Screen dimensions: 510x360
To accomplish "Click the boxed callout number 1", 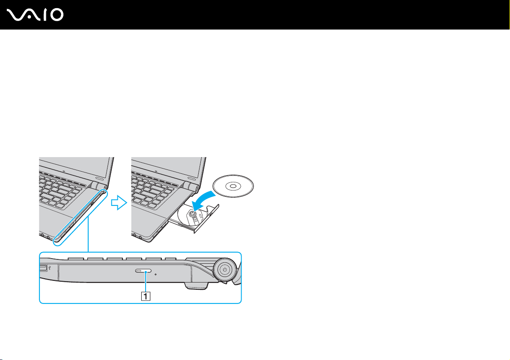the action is [x=146, y=295].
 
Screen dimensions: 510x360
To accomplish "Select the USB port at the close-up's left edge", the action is [x=44, y=268].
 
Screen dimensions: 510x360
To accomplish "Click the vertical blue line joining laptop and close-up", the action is [x=88, y=233].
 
